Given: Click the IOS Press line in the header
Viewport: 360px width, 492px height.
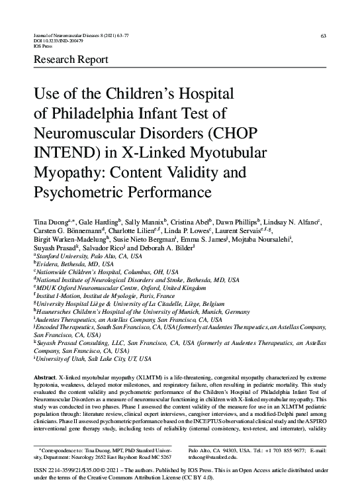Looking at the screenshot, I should [43, 47].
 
